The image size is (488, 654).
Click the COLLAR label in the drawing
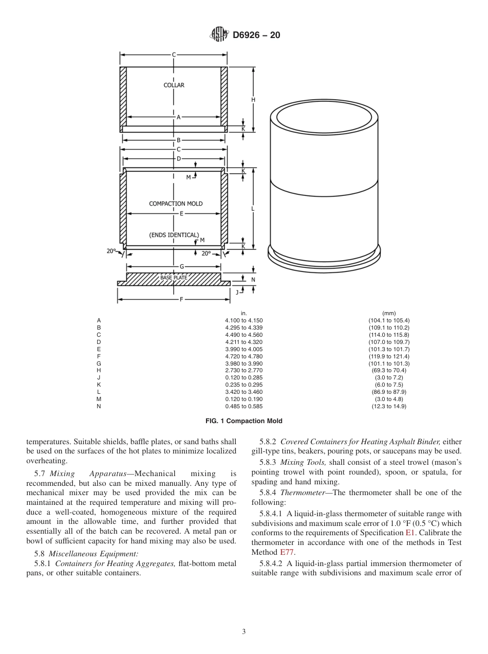pos(174,85)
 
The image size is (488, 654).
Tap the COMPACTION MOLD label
pos(176,204)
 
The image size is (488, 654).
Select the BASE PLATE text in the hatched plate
pos(173,278)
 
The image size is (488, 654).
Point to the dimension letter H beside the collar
pos(253,100)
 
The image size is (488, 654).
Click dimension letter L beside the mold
pos(253,209)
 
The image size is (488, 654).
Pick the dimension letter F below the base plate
pos(181,299)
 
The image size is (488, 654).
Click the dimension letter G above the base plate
pos(181,266)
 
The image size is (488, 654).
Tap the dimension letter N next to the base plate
pos(253,280)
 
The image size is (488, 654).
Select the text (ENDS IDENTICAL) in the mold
pos(174,235)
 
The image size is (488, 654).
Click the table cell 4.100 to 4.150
pos(243,320)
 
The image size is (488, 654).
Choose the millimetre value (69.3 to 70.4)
pos(388,370)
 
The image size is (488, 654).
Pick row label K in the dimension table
pos(99,385)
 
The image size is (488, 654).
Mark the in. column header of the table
pos(243,313)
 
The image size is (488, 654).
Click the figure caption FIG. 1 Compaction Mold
pos(243,421)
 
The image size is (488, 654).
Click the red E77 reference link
pos(287,552)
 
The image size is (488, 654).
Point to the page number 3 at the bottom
pos(244,632)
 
